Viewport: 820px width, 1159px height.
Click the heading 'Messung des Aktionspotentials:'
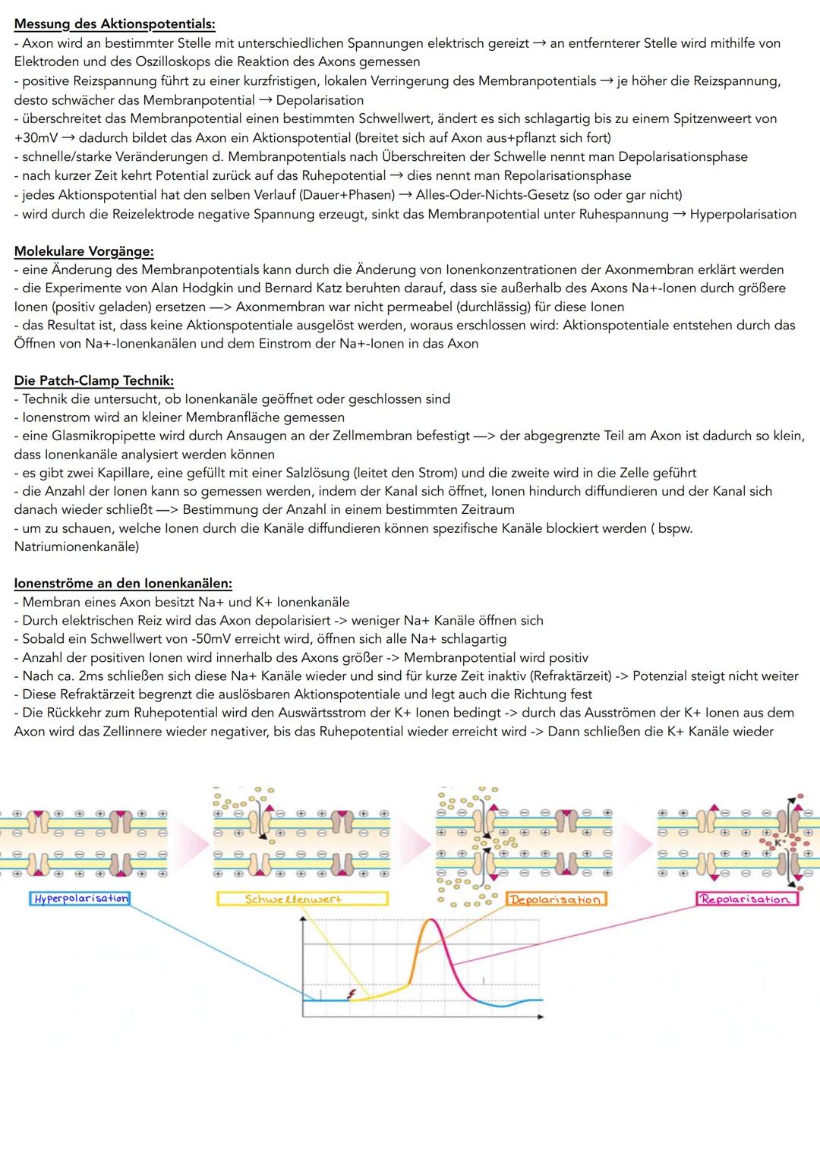pyautogui.click(x=115, y=24)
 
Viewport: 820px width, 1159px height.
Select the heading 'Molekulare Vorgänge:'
pyautogui.click(x=84, y=251)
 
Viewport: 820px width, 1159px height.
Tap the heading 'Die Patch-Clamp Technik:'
pyautogui.click(x=93, y=380)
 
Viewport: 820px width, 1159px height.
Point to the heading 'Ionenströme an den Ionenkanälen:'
pyautogui.click(x=123, y=584)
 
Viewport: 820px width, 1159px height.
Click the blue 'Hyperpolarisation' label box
pyautogui.click(x=80, y=899)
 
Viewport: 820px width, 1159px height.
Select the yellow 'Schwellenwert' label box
pyautogui.click(x=301, y=899)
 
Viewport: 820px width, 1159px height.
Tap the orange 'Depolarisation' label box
pyautogui.click(x=555, y=899)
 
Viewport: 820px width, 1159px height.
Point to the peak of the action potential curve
pyautogui.click(x=430, y=921)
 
